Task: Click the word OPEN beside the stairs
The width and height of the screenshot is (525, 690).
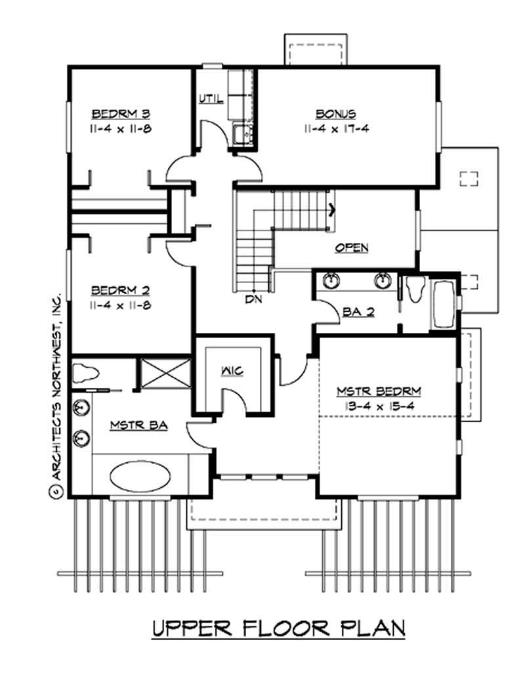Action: click(352, 248)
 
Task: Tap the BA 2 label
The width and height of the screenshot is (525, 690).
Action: click(358, 313)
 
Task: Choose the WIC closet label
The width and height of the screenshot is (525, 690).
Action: click(232, 372)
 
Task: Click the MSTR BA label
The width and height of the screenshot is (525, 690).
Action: click(138, 425)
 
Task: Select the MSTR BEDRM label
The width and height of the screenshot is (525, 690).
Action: click(379, 391)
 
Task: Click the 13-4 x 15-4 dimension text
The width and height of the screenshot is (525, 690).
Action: click(379, 406)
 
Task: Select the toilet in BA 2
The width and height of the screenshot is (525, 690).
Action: click(415, 290)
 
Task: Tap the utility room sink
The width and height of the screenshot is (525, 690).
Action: click(242, 134)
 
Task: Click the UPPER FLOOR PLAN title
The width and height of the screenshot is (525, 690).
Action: click(278, 628)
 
